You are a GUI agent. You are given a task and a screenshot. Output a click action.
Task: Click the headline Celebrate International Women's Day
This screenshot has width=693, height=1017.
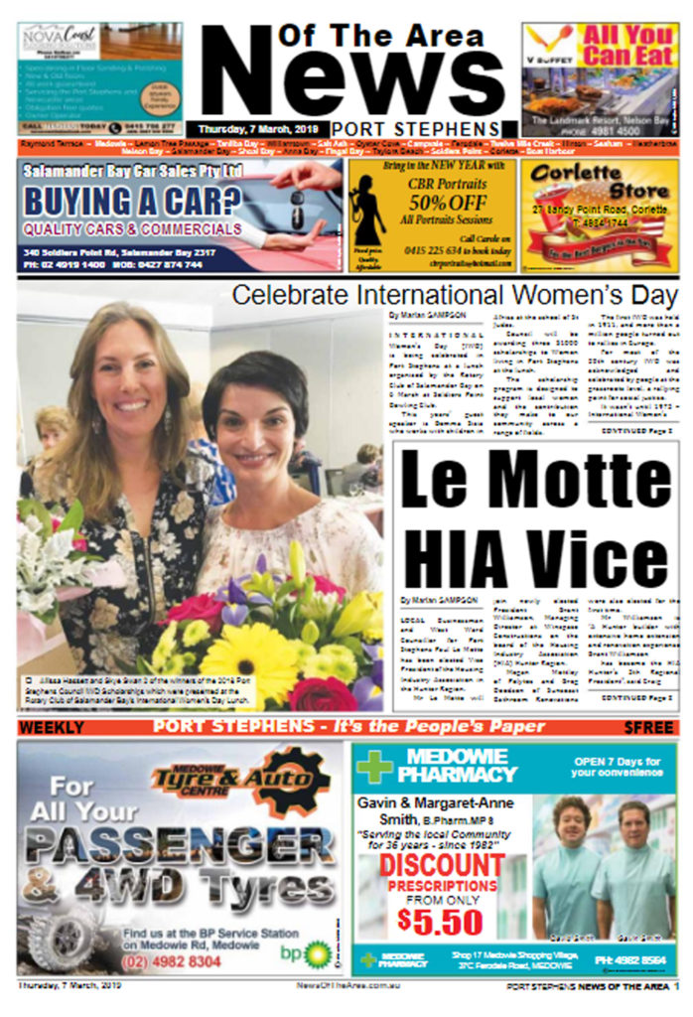(x=455, y=295)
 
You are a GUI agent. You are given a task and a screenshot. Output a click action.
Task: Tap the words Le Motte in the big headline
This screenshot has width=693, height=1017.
(x=536, y=485)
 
